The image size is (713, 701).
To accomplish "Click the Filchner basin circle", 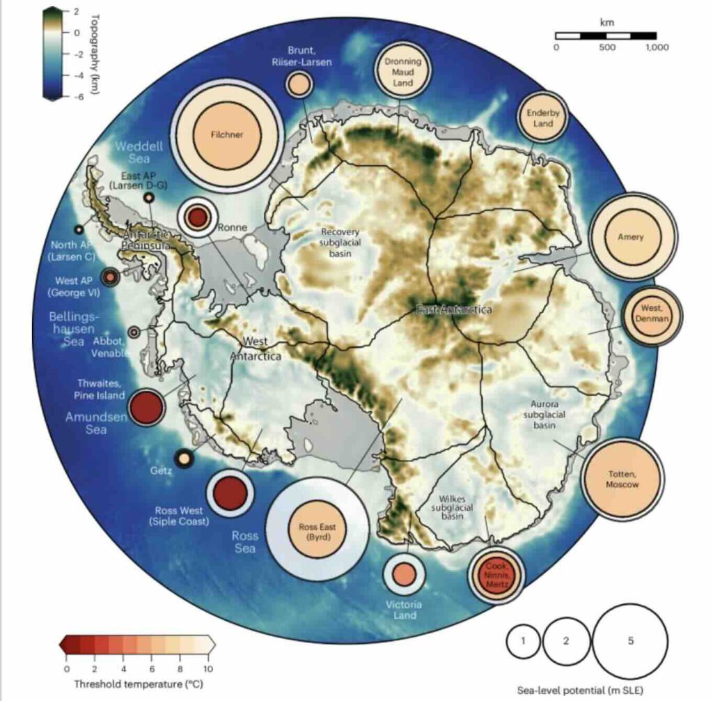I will click(228, 134).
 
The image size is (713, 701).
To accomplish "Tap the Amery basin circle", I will click(631, 237).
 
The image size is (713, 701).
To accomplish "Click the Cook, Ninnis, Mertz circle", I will click(496, 575).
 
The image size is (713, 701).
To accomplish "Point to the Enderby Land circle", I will click(543, 119).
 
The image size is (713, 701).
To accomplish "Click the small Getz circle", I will click(183, 459).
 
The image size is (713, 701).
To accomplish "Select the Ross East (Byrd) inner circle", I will click(318, 532).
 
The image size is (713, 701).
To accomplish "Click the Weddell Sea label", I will click(139, 153).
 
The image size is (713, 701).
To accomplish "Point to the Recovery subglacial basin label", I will click(339, 242).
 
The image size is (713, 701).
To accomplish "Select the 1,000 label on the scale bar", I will click(657, 48).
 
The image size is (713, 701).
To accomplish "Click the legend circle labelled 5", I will click(630, 641).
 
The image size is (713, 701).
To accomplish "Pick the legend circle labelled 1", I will click(524, 641).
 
